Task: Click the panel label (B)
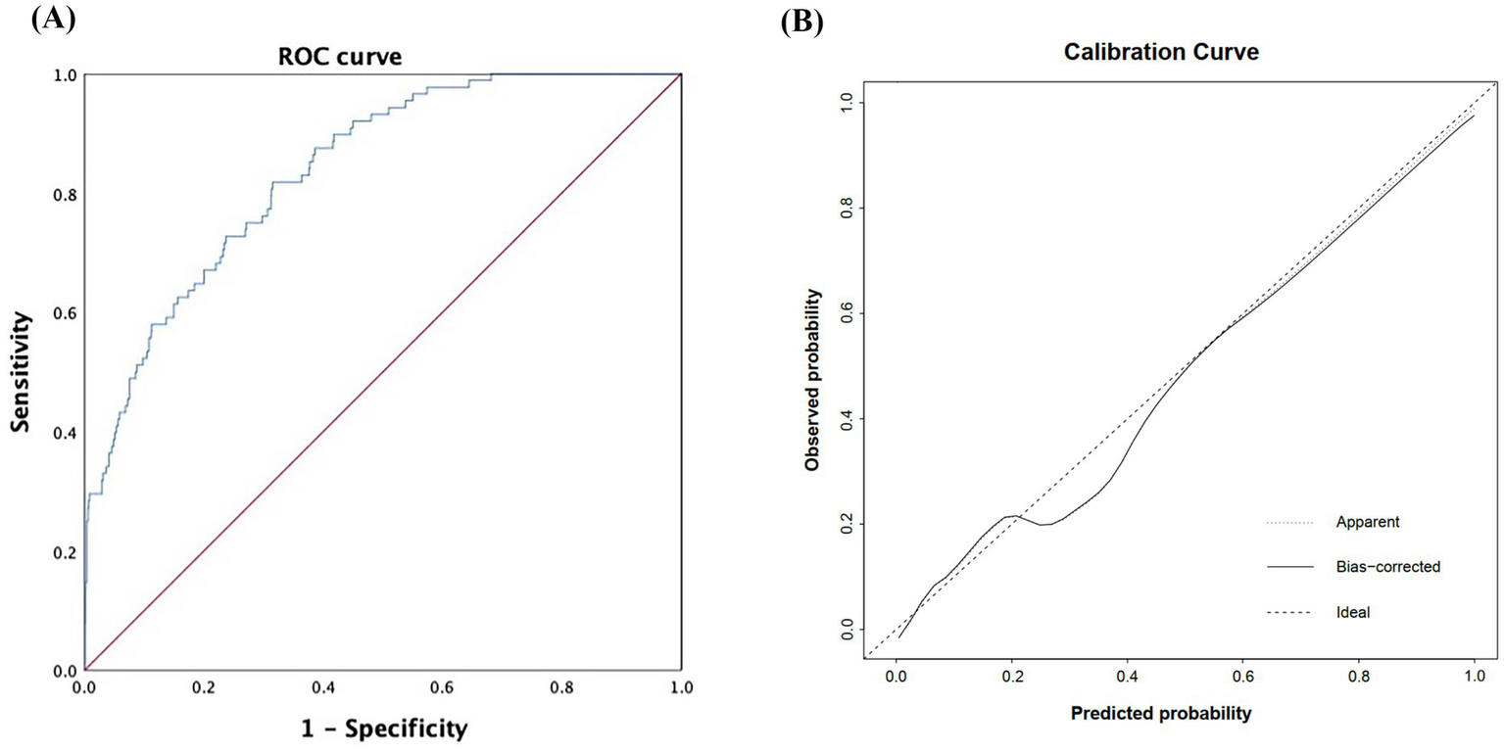801,22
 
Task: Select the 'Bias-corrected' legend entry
1387,567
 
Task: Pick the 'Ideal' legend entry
1352,612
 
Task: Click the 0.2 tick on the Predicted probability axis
1011,676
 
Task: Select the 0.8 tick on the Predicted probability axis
1359,676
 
